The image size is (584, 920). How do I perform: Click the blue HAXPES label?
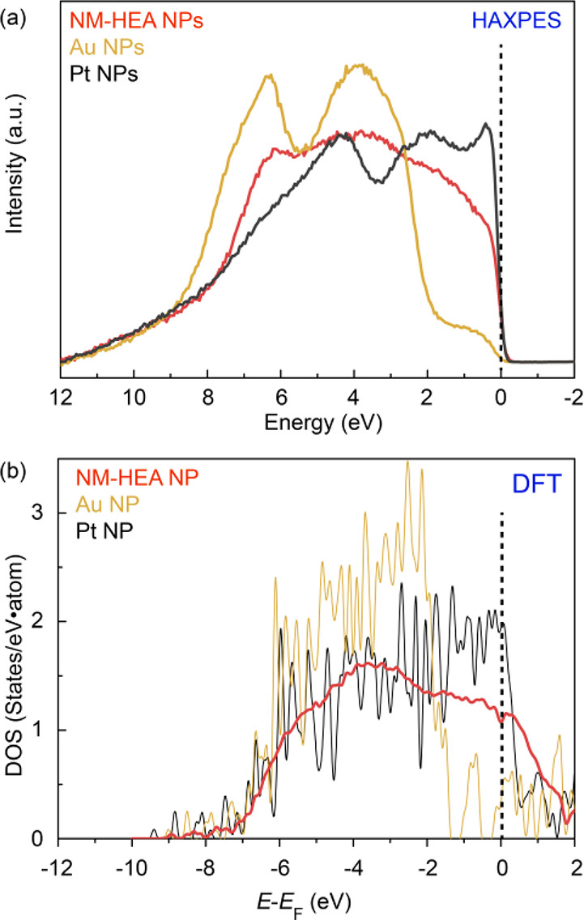point(517,21)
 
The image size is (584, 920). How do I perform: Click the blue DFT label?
point(537,484)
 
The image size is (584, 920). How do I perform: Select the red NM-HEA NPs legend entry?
point(136,20)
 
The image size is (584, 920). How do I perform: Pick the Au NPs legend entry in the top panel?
point(107,47)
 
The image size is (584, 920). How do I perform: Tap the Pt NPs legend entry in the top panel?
point(104,74)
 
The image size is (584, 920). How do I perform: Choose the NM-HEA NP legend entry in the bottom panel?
point(138,478)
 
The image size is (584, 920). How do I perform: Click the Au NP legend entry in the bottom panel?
point(108,504)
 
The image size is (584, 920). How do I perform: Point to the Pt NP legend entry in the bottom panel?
point(104,530)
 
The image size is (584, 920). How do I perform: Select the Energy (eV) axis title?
point(323,422)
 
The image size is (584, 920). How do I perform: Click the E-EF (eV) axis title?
point(304,904)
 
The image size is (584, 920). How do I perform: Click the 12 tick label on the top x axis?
point(61,398)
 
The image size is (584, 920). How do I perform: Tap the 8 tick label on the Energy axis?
point(208,398)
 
